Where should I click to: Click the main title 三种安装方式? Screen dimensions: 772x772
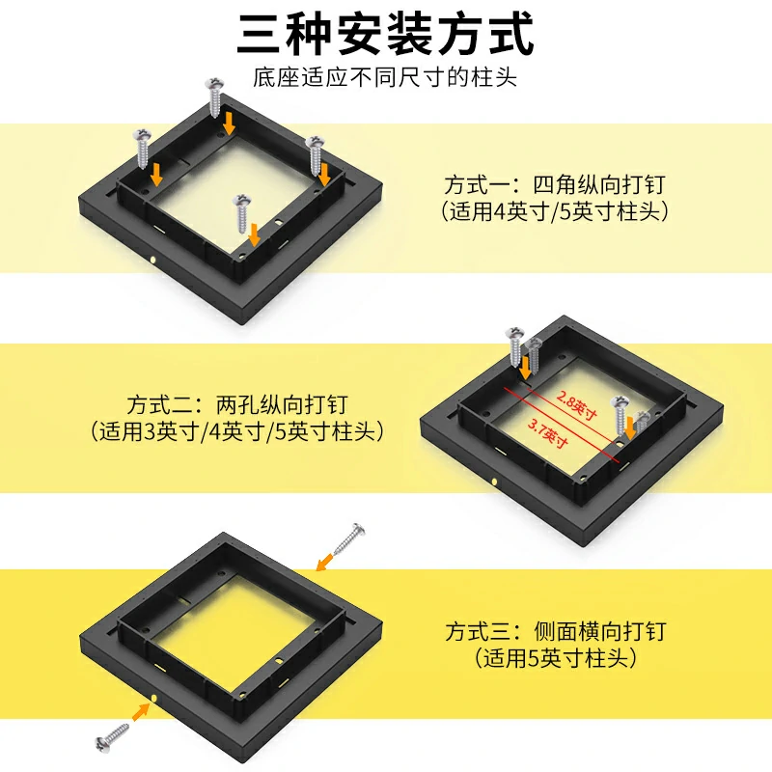(385, 35)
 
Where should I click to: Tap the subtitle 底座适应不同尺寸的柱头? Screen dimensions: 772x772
(385, 77)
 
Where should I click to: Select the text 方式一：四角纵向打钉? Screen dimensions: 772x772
(555, 185)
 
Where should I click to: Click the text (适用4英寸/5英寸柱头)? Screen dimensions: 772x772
(555, 211)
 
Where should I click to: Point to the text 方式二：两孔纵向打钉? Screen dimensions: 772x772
(237, 405)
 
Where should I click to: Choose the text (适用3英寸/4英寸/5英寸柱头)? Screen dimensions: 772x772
(237, 431)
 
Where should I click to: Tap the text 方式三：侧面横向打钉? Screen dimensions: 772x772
(556, 632)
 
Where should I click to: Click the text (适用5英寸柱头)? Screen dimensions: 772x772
(556, 658)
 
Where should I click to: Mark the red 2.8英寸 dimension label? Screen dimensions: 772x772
(576, 404)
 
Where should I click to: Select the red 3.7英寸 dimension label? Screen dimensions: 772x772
(548, 432)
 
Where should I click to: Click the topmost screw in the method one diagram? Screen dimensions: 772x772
(214, 97)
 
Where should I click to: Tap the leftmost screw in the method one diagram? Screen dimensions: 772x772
(142, 149)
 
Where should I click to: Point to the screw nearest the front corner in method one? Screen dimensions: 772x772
(242, 213)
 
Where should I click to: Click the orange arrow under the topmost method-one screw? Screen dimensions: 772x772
(229, 124)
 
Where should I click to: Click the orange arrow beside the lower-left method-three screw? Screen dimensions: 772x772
(141, 712)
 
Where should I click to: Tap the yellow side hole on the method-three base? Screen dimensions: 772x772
(153, 698)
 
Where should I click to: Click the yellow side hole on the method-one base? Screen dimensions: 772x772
(153, 259)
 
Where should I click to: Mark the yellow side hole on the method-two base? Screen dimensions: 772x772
(494, 481)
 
